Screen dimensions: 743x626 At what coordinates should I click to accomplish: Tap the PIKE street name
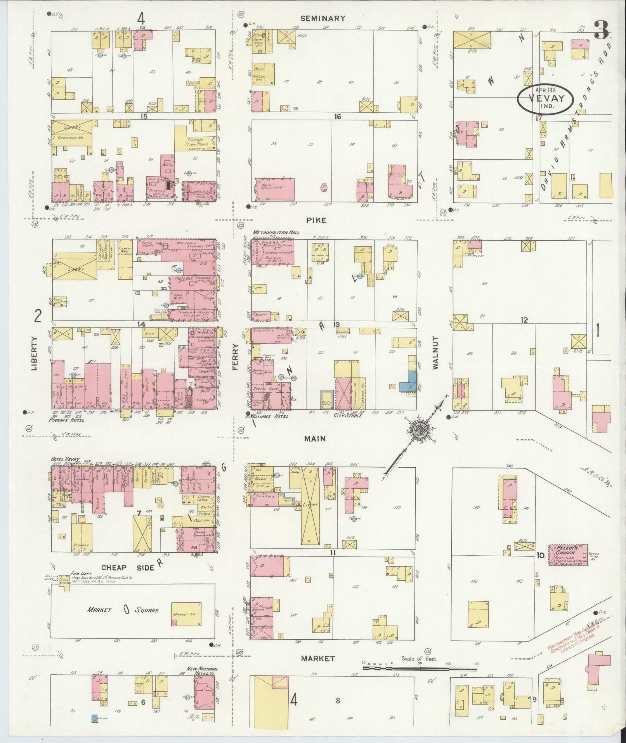[316, 220]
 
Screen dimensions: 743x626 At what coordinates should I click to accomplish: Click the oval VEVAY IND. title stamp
[545, 99]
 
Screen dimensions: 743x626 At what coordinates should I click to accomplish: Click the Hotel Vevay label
[65, 459]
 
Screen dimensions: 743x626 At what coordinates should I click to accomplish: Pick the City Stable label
[348, 416]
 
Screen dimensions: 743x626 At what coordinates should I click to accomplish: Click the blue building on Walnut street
[411, 381]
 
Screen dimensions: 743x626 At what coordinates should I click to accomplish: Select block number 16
[337, 116]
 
